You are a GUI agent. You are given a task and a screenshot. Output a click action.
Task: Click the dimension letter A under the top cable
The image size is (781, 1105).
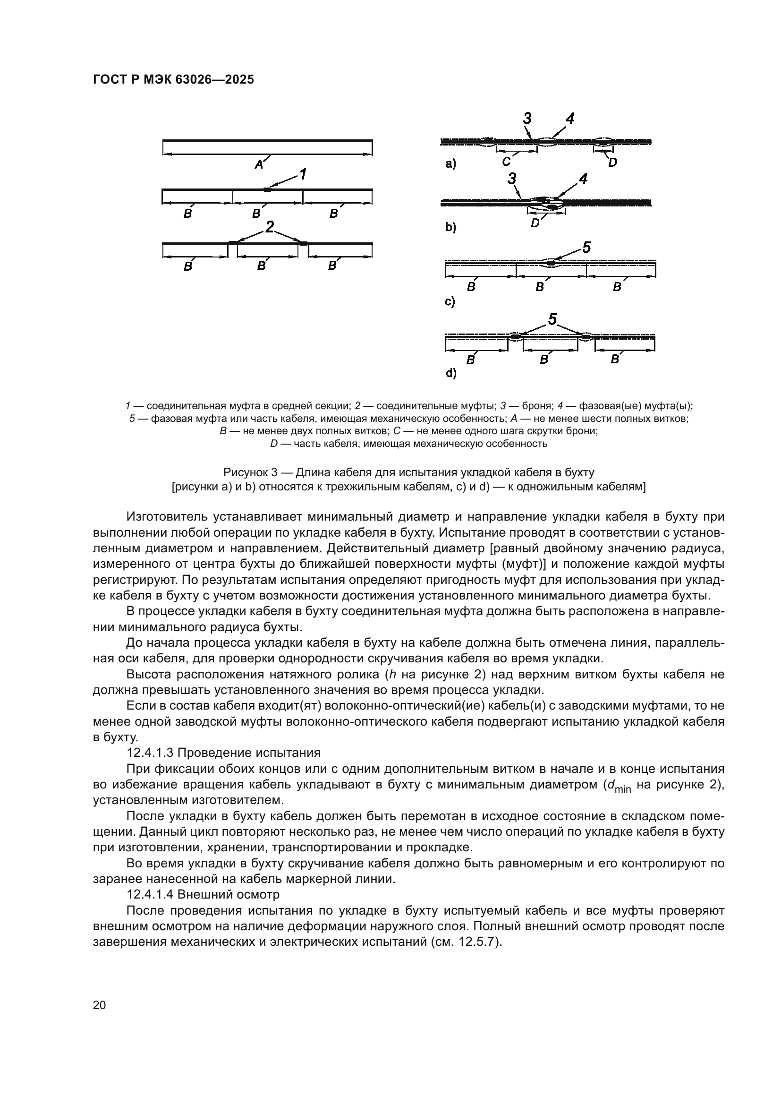click(259, 165)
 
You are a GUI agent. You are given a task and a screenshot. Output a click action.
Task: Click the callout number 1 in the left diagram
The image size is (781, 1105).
click(303, 174)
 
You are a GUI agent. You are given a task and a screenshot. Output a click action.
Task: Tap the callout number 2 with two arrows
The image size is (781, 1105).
click(270, 227)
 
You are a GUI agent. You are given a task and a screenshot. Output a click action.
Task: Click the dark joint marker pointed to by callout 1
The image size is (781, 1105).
click(267, 189)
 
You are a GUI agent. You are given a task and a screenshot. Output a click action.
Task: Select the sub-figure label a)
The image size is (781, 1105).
click(450, 164)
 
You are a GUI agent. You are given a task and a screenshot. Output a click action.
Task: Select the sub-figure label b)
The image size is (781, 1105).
click(450, 227)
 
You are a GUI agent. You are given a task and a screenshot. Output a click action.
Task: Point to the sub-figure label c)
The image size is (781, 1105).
click(450, 302)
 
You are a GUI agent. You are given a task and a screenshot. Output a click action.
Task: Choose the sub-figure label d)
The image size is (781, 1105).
click(450, 373)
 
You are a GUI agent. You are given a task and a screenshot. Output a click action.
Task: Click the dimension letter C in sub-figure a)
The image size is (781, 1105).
click(506, 162)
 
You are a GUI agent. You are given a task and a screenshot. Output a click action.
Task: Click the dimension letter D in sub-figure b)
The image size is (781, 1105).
click(535, 223)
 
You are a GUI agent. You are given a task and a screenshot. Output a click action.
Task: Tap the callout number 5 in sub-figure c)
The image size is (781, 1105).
click(586, 248)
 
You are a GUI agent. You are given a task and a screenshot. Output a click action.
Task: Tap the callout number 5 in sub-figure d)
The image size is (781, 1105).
click(552, 319)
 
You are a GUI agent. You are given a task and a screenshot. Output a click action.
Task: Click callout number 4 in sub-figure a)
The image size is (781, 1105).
click(570, 119)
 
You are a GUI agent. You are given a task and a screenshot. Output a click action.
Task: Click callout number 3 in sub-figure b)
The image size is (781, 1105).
click(512, 180)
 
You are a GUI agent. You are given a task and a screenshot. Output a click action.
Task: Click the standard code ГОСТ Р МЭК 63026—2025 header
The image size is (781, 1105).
click(173, 80)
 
